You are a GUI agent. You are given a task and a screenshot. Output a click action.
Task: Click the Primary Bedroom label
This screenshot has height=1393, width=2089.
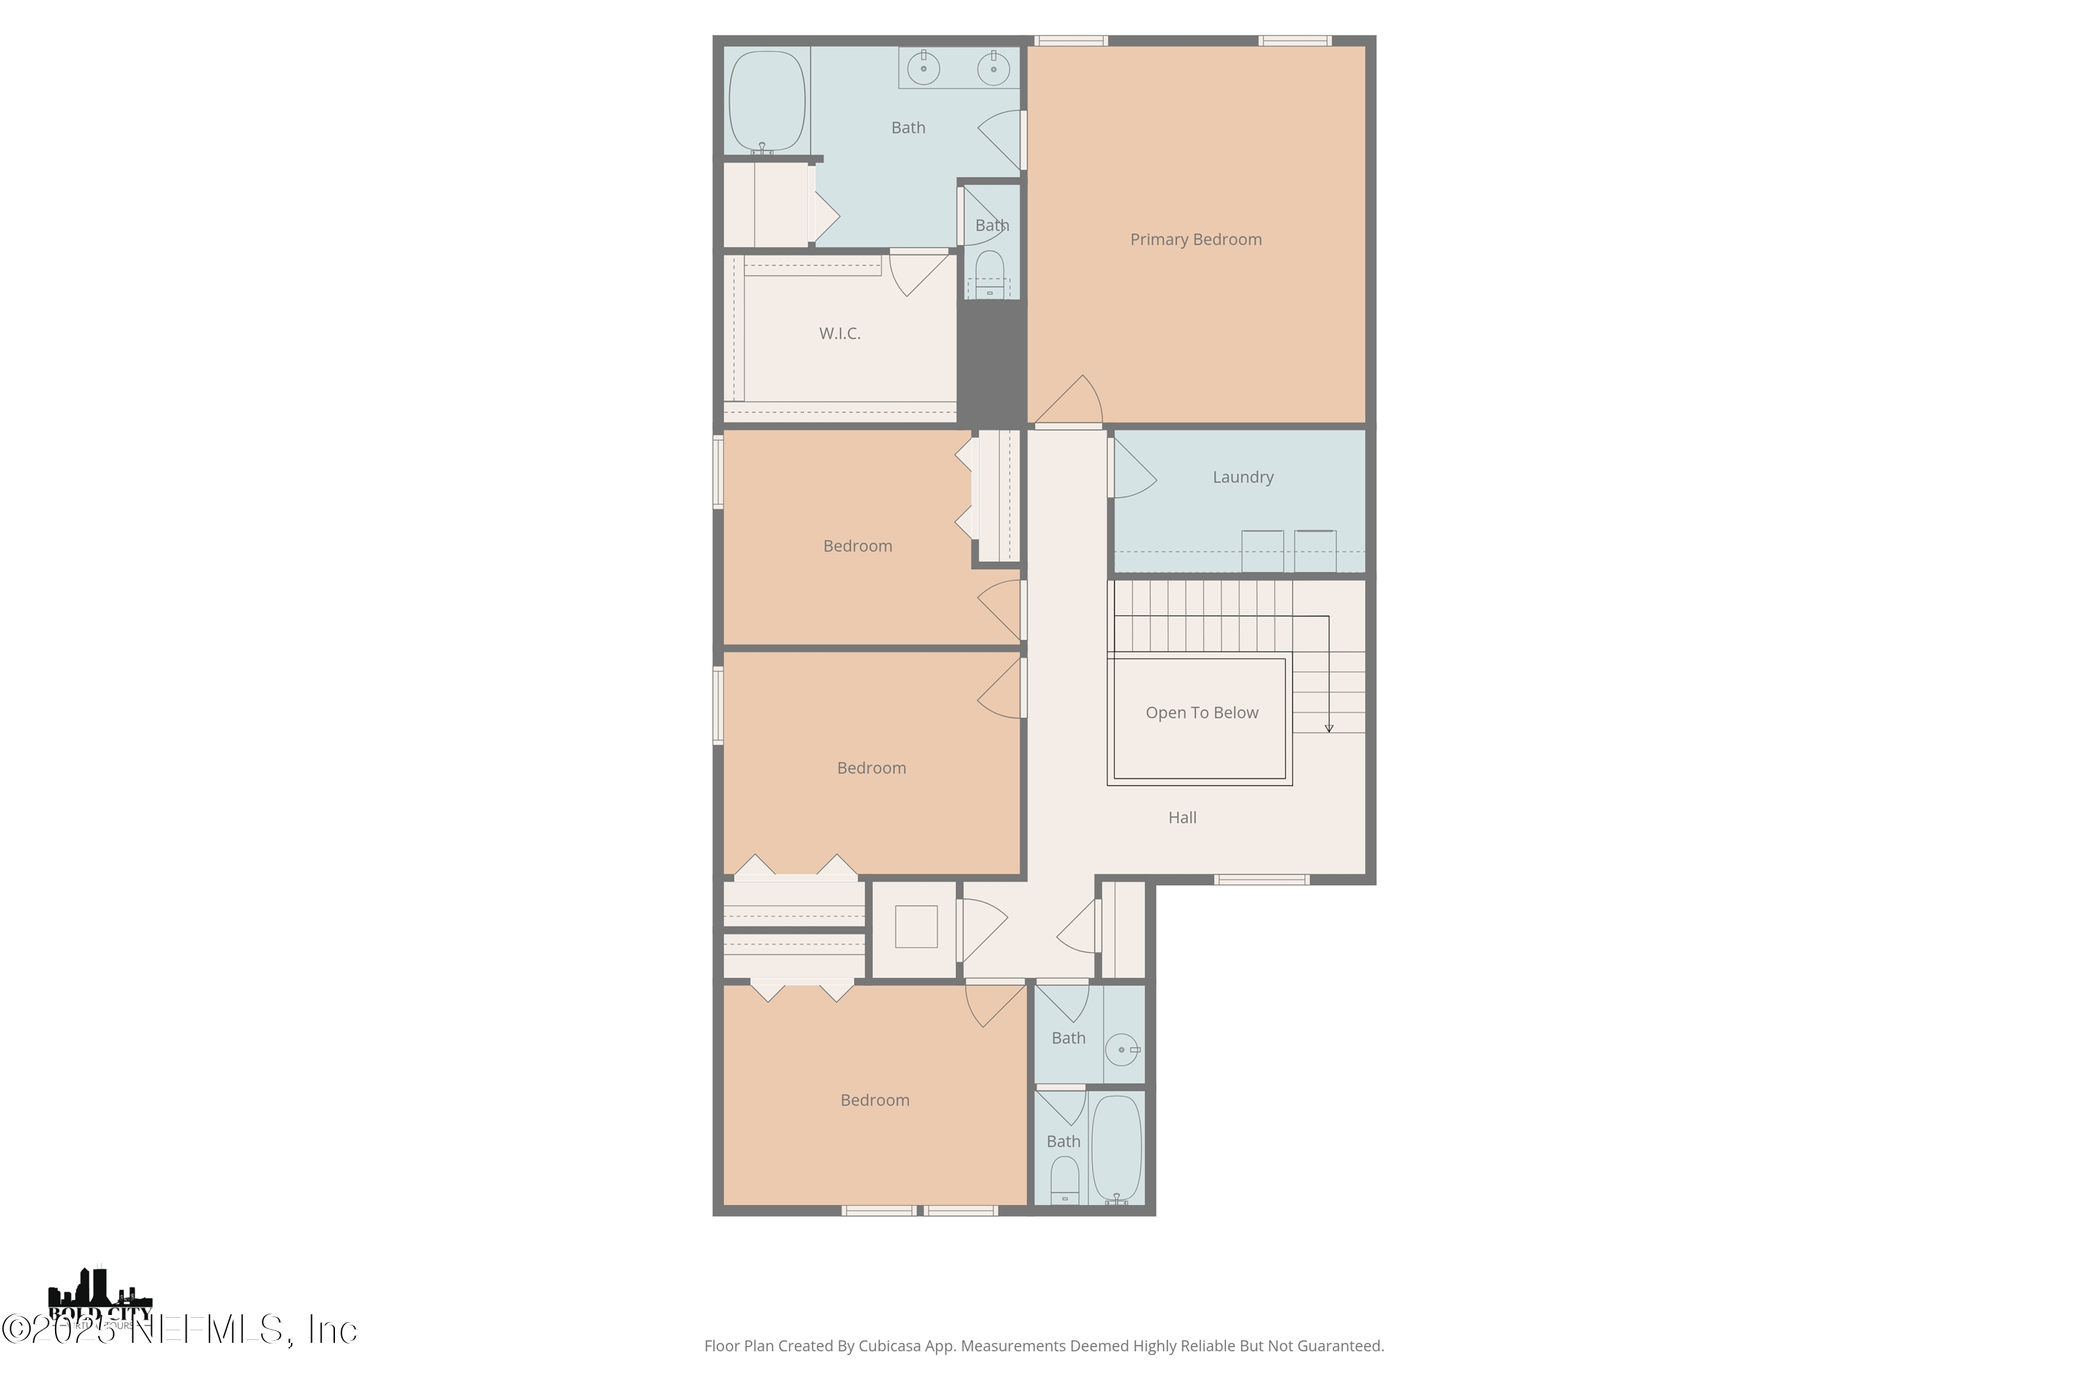(x=1196, y=239)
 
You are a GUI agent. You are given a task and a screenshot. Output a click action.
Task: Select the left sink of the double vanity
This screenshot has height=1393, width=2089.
(x=924, y=68)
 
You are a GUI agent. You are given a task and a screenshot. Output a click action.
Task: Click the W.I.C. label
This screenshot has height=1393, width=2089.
(x=839, y=333)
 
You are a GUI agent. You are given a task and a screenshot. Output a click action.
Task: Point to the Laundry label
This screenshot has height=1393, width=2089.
(x=1242, y=477)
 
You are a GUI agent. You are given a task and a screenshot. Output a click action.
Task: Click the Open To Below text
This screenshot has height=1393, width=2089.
(x=1202, y=713)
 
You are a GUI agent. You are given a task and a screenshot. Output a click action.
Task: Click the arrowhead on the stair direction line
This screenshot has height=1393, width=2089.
(x=1329, y=729)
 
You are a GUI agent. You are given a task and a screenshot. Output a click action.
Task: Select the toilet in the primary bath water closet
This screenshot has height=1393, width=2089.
(x=989, y=270)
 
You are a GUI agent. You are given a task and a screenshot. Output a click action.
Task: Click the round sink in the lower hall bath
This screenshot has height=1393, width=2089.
(x=1122, y=1049)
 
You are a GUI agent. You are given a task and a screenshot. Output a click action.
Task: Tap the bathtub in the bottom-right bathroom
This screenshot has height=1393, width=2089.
(x=1116, y=1148)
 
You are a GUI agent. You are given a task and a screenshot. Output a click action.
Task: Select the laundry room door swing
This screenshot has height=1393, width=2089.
(x=1132, y=471)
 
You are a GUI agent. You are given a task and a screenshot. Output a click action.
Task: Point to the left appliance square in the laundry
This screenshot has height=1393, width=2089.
(x=1262, y=551)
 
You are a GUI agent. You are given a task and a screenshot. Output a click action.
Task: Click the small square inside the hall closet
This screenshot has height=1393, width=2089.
(x=916, y=926)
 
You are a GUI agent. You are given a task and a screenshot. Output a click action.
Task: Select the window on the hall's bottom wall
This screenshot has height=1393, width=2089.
(x=1261, y=880)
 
